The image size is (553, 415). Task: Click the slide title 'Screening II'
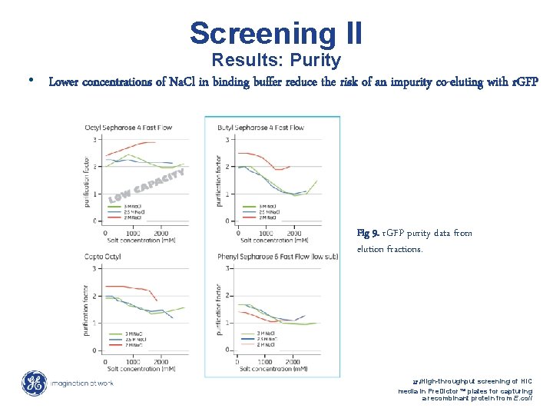[276, 33]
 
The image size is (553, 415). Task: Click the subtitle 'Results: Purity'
[276, 60]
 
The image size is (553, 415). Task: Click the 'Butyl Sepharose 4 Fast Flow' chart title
[260, 127]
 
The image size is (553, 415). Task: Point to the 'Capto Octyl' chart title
[106, 256]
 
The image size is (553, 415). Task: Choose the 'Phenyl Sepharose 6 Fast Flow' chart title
[277, 256]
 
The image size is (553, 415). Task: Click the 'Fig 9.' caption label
[368, 233]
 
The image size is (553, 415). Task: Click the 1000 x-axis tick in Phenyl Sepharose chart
[265, 361]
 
